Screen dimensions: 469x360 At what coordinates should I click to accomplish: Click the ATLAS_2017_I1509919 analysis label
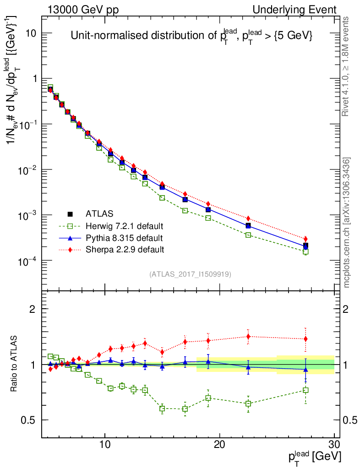coord(190,274)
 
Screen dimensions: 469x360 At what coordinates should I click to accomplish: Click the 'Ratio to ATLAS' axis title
coord(15,364)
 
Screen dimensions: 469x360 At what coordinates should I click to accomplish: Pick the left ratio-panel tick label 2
coord(33,309)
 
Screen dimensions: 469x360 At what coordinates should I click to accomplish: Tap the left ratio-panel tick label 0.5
coord(29,420)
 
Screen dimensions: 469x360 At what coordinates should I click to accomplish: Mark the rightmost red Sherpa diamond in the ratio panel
coord(305,339)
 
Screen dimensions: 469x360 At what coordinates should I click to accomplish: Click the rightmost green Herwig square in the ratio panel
coord(305,390)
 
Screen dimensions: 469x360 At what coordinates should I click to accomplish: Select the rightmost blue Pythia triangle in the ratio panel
coord(305,369)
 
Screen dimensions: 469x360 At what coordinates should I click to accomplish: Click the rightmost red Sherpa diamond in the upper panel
coord(305,239)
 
